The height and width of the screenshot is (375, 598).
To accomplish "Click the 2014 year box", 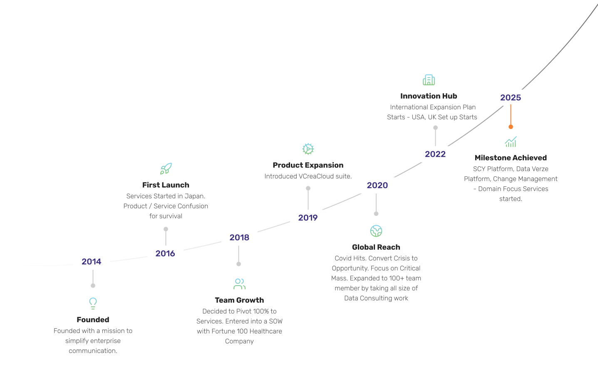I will coord(92,262).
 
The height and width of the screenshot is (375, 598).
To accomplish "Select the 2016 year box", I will coord(165,254).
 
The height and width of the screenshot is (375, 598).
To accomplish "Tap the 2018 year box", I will coord(239,237).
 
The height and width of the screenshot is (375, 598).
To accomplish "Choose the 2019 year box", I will coord(308,218).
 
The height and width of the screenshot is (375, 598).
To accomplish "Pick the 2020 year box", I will coord(377,185).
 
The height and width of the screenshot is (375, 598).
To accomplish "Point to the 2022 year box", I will coord(435,154).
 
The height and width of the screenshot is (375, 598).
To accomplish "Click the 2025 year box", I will coord(511,98).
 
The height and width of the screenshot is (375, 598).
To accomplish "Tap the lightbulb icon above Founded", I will coord(93,303).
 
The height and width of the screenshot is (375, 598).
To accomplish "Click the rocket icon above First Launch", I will coord(166,168).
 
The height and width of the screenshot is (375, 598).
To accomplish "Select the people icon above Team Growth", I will coord(239,284).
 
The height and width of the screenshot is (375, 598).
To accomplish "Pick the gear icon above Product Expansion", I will coord(308,149).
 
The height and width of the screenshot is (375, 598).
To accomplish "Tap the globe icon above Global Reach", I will coord(376,231).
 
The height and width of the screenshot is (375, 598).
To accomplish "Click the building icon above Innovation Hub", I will coord(429,80).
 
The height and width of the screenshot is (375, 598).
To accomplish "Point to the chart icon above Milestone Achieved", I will coord(511,142).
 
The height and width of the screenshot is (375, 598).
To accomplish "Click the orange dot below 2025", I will coord(511,127).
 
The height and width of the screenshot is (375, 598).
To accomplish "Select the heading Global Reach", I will coord(376,247).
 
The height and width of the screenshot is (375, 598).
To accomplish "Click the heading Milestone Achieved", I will coord(511,158).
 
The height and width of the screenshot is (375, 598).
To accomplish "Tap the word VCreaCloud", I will coord(316,176).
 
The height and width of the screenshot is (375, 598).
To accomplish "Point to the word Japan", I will coord(195,196).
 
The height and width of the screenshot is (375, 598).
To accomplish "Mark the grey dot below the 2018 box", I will coord(238,264).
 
